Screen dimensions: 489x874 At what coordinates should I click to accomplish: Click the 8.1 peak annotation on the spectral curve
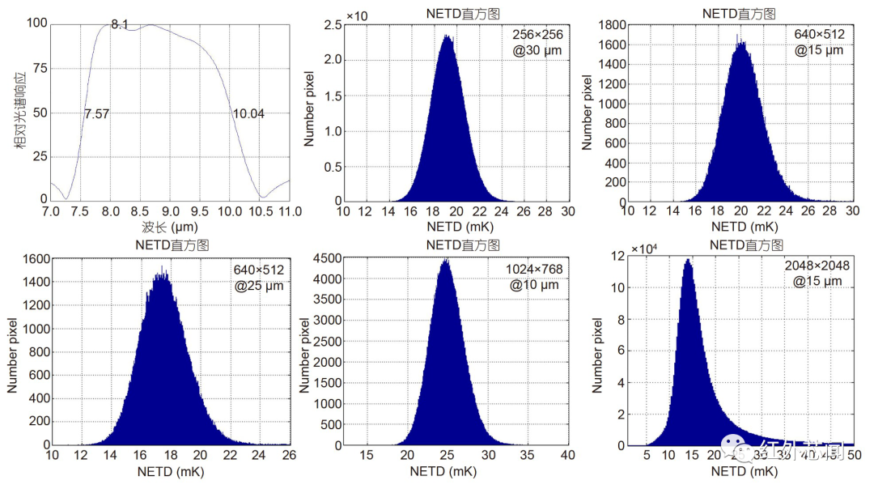click(120, 24)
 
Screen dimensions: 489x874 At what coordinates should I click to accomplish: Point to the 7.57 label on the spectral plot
click(96, 114)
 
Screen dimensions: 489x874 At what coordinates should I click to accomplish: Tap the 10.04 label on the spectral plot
click(248, 113)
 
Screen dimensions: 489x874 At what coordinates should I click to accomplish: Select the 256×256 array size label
click(537, 35)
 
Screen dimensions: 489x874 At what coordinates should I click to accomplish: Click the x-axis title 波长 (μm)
click(170, 227)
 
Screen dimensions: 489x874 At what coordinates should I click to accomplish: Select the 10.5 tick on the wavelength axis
click(260, 212)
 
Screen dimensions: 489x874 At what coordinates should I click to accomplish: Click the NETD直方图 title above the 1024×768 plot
click(463, 245)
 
